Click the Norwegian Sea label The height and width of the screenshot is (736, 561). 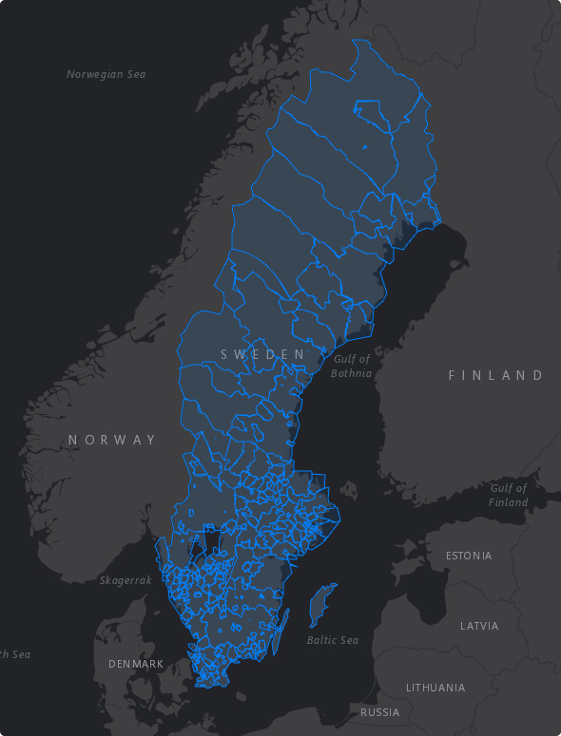click(106, 74)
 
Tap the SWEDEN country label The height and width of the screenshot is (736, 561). click(263, 354)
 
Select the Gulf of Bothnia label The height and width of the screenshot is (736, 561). click(352, 366)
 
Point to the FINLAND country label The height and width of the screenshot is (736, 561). click(495, 375)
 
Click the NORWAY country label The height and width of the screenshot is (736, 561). click(112, 440)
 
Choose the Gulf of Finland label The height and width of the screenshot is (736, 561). click(509, 495)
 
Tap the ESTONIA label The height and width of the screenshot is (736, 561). click(469, 556)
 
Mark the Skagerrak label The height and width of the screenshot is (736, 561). click(126, 579)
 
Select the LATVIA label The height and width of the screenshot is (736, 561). click(478, 626)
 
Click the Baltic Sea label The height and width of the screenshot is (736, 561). click(333, 640)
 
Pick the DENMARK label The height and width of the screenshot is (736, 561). click(136, 664)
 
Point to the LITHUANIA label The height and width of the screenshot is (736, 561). click(435, 687)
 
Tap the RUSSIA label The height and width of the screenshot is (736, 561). click(379, 711)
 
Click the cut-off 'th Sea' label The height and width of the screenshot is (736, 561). click(14, 654)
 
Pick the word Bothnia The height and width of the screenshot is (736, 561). click(352, 373)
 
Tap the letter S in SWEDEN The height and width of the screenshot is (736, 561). click(225, 354)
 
